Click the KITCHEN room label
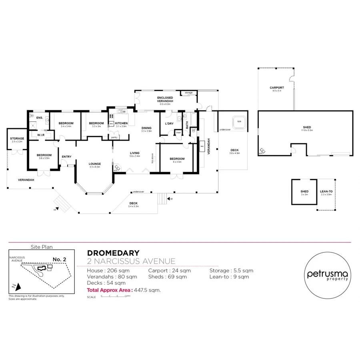pos(121,123)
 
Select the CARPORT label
pos(276,88)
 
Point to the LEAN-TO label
pos(326,192)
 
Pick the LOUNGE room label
pos(95,164)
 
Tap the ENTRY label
pos(66,156)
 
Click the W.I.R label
pos(41,135)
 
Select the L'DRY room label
pos(169,123)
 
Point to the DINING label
pos(146,128)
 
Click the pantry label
pos(114,137)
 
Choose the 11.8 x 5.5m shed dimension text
pos(307,130)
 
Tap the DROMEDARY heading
pos(113,253)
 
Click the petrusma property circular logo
pos(328,276)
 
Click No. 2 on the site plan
pos(59,259)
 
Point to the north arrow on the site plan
pos(15,286)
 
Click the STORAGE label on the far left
pos(17,138)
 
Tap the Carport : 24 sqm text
pos(169,271)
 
